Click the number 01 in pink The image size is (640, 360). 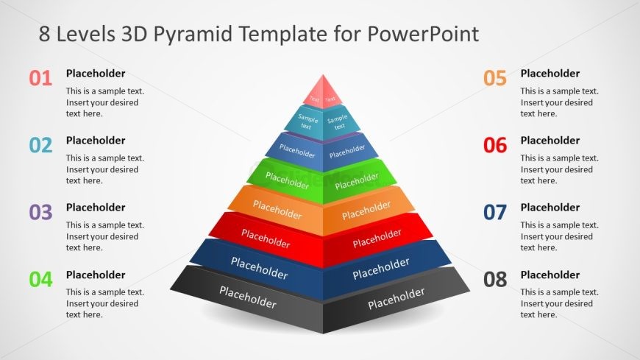click(40, 78)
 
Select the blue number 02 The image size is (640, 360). click(40, 145)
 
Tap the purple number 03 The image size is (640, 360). click(40, 212)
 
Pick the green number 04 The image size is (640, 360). click(40, 279)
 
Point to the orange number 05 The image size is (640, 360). click(495, 78)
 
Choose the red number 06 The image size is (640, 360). click(495, 145)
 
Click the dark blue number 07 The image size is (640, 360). click(495, 212)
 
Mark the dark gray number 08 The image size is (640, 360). click(495, 279)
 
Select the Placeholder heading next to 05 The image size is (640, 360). click(550, 74)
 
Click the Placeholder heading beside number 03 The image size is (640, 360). click(96, 208)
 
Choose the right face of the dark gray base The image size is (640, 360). click(396, 298)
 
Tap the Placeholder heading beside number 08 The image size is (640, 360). click(550, 275)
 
